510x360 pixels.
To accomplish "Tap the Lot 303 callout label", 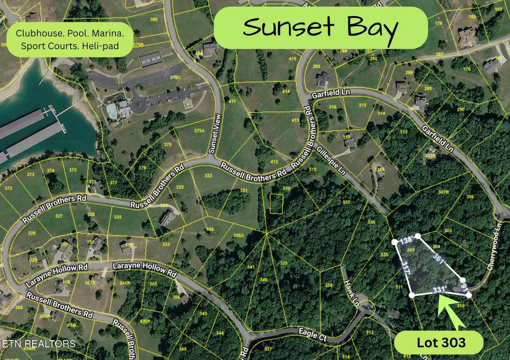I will coord(439,343).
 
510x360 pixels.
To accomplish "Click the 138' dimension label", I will coord(406,240).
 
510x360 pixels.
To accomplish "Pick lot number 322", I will coord(208,176).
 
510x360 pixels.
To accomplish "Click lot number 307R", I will coord(444,192).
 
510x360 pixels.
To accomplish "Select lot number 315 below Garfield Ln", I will coord(362,105).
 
